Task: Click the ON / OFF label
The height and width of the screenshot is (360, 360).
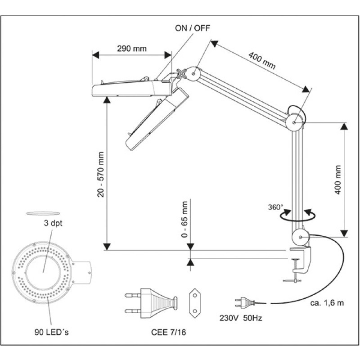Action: click(192, 27)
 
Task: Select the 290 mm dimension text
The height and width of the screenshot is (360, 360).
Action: click(131, 49)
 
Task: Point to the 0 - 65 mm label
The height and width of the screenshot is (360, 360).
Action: click(184, 220)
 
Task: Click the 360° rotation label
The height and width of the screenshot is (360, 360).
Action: click(275, 207)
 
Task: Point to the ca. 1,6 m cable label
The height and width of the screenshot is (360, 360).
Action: click(327, 302)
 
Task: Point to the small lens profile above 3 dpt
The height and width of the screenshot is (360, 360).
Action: click(43, 213)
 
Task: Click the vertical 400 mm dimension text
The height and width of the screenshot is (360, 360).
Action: click(338, 179)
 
